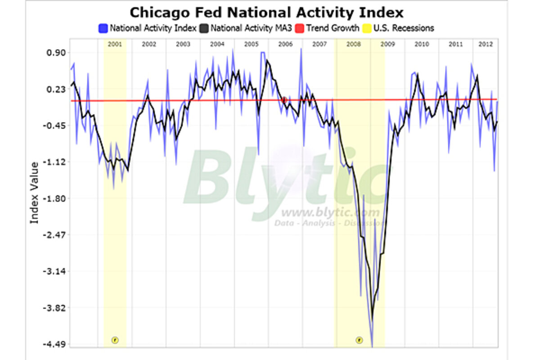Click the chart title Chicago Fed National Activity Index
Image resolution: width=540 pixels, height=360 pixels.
266,12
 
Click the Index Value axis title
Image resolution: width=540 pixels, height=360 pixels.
34,193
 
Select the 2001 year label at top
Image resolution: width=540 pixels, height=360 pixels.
115,44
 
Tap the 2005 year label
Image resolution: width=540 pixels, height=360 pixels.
251,44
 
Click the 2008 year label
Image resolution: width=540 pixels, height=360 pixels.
353,44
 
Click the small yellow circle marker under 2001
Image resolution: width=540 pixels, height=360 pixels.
115,340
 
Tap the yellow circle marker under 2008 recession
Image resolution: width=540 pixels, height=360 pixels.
359,340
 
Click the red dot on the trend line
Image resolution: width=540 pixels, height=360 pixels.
284,99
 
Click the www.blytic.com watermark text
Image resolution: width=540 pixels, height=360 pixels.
324,212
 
